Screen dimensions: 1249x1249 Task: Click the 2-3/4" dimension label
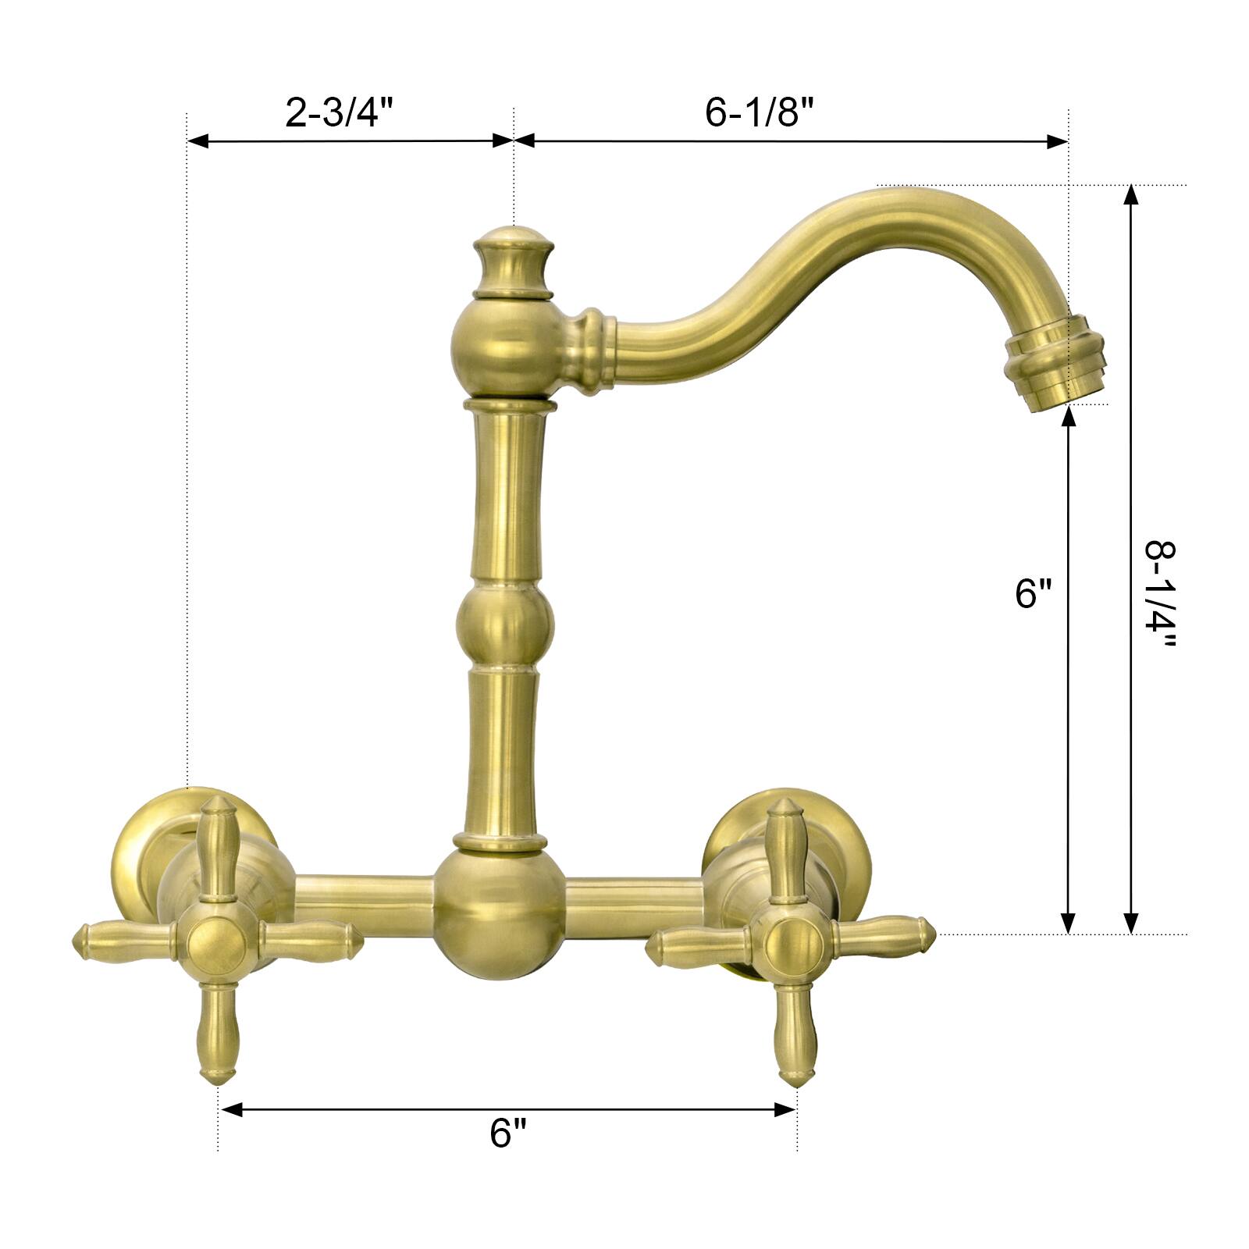click(x=342, y=113)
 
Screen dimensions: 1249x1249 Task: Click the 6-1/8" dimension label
click(x=759, y=113)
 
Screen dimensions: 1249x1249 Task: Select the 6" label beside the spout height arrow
click(x=1034, y=593)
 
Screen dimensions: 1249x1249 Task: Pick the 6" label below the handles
click(x=508, y=1133)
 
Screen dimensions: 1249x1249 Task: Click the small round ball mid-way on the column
click(x=505, y=624)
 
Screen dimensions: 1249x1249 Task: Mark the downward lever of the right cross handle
click(x=792, y=1034)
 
